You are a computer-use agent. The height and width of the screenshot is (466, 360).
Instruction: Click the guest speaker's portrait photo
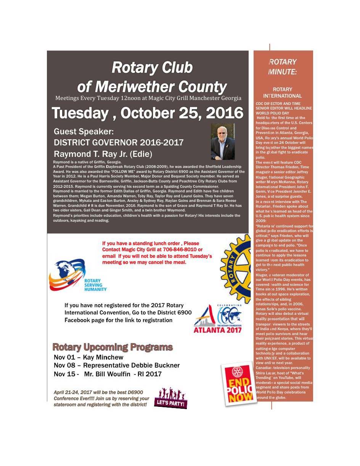pyautogui.click(x=223, y=142)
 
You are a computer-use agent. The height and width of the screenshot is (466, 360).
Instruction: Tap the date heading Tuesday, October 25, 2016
pyautogui.click(x=147, y=113)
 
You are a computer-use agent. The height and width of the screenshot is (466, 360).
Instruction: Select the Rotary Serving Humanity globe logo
pyautogui.click(x=79, y=275)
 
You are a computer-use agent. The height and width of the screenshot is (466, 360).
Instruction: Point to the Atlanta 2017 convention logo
pyautogui.click(x=217, y=319)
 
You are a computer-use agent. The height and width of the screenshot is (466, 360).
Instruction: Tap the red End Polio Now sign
pyautogui.click(x=237, y=384)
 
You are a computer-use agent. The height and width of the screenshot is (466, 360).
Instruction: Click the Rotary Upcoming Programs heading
pyautogui.click(x=112, y=347)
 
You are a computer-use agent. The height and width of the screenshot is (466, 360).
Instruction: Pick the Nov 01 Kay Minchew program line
pyautogui.click(x=88, y=358)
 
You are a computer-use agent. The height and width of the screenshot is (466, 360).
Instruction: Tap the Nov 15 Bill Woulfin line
pyautogui.click(x=108, y=374)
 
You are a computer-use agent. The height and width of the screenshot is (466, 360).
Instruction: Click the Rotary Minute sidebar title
pyautogui.click(x=282, y=67)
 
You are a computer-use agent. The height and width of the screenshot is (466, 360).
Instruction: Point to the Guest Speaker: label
pyautogui.click(x=84, y=132)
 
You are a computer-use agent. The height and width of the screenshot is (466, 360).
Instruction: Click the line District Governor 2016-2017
pyautogui.click(x=119, y=143)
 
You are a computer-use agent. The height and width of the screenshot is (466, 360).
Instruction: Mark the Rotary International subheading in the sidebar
pyautogui.click(x=282, y=92)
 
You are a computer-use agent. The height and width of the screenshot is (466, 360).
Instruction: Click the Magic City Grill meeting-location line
pyautogui.click(x=148, y=98)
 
